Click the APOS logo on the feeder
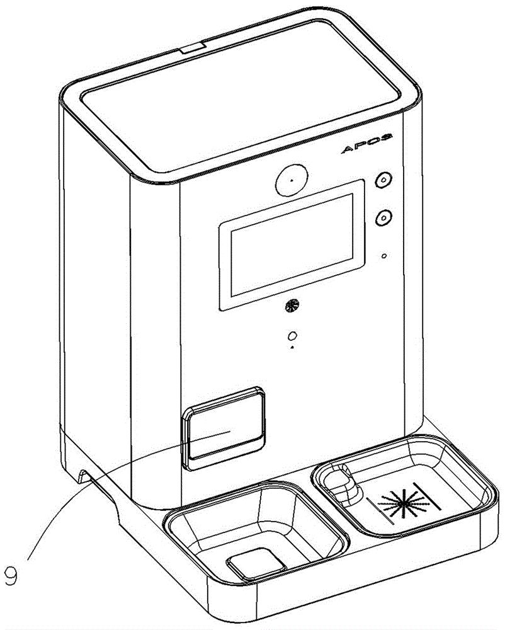click(x=366, y=144)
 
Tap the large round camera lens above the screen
click(x=292, y=180)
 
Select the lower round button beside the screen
click(x=383, y=217)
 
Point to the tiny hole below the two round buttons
click(x=384, y=256)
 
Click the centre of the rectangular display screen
click(x=292, y=245)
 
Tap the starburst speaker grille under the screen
click(x=292, y=307)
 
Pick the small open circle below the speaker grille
click(x=293, y=335)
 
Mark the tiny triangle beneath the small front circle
click(x=293, y=346)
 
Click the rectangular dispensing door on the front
click(x=224, y=428)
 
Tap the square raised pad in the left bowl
click(x=256, y=564)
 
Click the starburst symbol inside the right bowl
click(x=403, y=501)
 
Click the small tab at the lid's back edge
click(x=193, y=49)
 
